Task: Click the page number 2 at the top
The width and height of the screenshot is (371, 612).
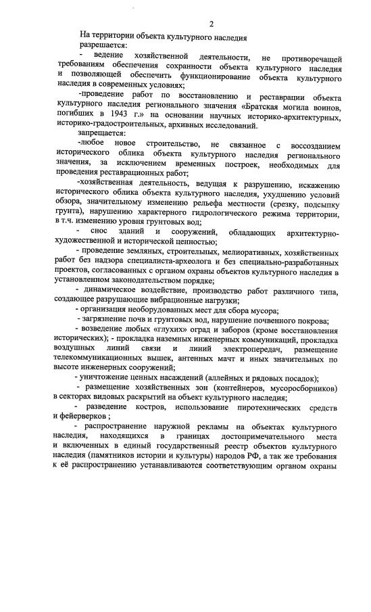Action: click(x=211, y=24)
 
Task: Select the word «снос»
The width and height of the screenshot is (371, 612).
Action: click(x=110, y=232)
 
